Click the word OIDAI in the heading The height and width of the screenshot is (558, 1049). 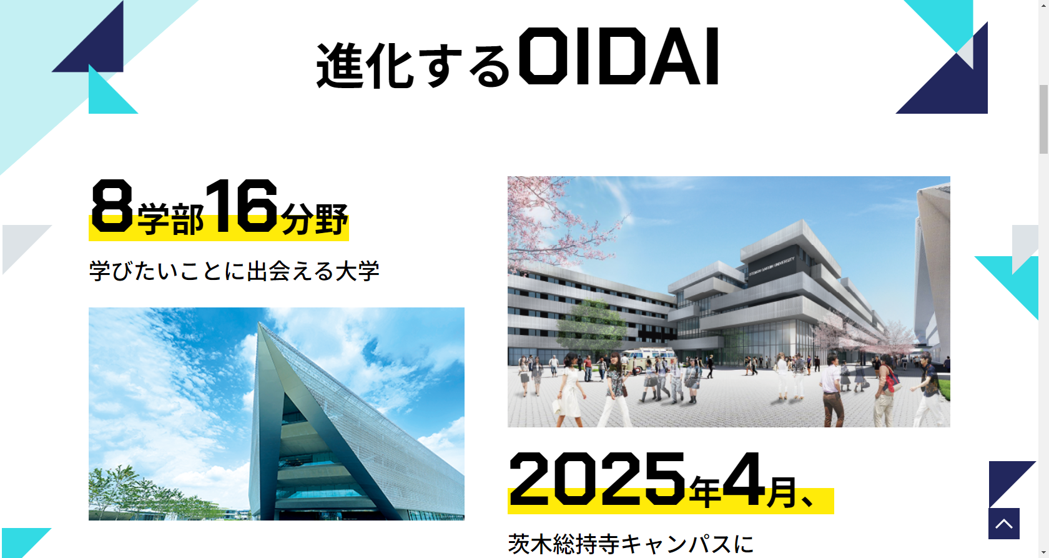coord(619,56)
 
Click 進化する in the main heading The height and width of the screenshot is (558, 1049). coord(413,66)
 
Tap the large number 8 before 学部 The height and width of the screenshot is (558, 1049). coord(112,206)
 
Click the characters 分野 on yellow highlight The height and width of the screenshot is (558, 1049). coord(314,218)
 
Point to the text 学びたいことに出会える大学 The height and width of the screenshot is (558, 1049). coord(234,271)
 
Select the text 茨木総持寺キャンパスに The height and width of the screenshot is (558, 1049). coord(631,544)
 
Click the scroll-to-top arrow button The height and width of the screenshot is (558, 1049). coord(1003,524)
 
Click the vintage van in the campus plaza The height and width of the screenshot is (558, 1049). coord(651,361)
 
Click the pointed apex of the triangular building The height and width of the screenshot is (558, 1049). coord(259,323)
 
